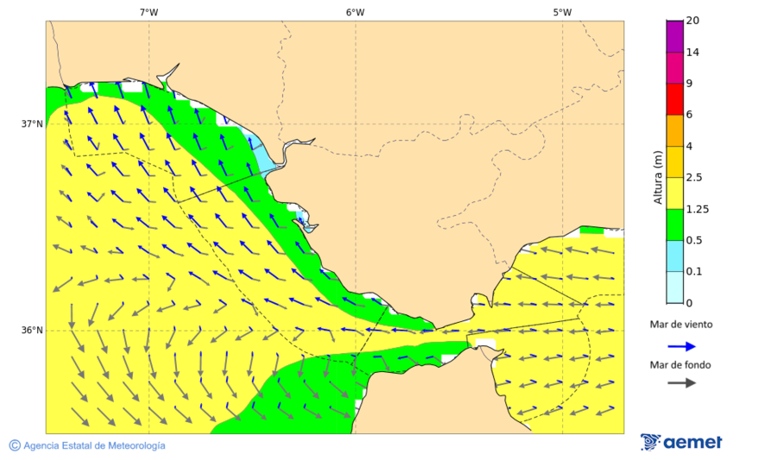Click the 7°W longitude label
click(148, 12)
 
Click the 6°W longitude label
click(355, 12)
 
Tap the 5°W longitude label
click(562, 12)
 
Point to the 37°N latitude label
click(32, 123)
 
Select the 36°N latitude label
click(32, 330)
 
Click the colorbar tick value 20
click(692, 21)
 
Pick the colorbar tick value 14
click(692, 52)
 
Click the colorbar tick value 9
click(689, 83)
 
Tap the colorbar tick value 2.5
click(693, 177)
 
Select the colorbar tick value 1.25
click(696, 209)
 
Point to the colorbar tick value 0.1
click(693, 271)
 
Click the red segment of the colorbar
click(674, 98)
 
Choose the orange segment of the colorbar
click(674, 129)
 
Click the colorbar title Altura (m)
click(658, 177)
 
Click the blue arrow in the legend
click(681, 346)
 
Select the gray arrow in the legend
click(681, 382)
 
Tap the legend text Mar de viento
click(681, 325)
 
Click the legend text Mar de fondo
click(681, 364)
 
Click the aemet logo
click(681, 442)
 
